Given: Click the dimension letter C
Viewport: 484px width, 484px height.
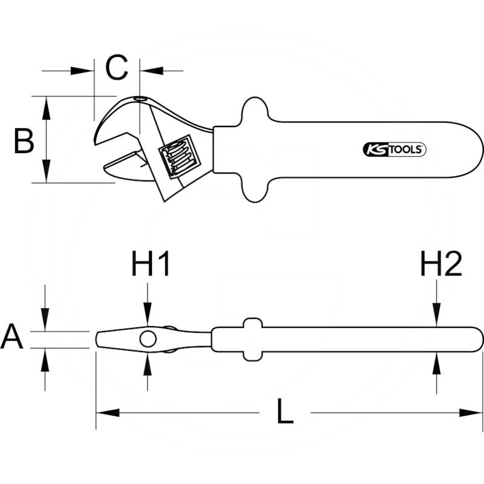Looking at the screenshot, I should [x=117, y=68].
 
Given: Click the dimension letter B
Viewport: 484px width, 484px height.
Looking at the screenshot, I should [x=24, y=141].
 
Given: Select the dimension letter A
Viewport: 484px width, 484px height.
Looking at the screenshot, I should [x=11, y=338].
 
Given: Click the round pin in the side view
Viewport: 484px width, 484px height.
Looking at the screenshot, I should [x=147, y=339].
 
